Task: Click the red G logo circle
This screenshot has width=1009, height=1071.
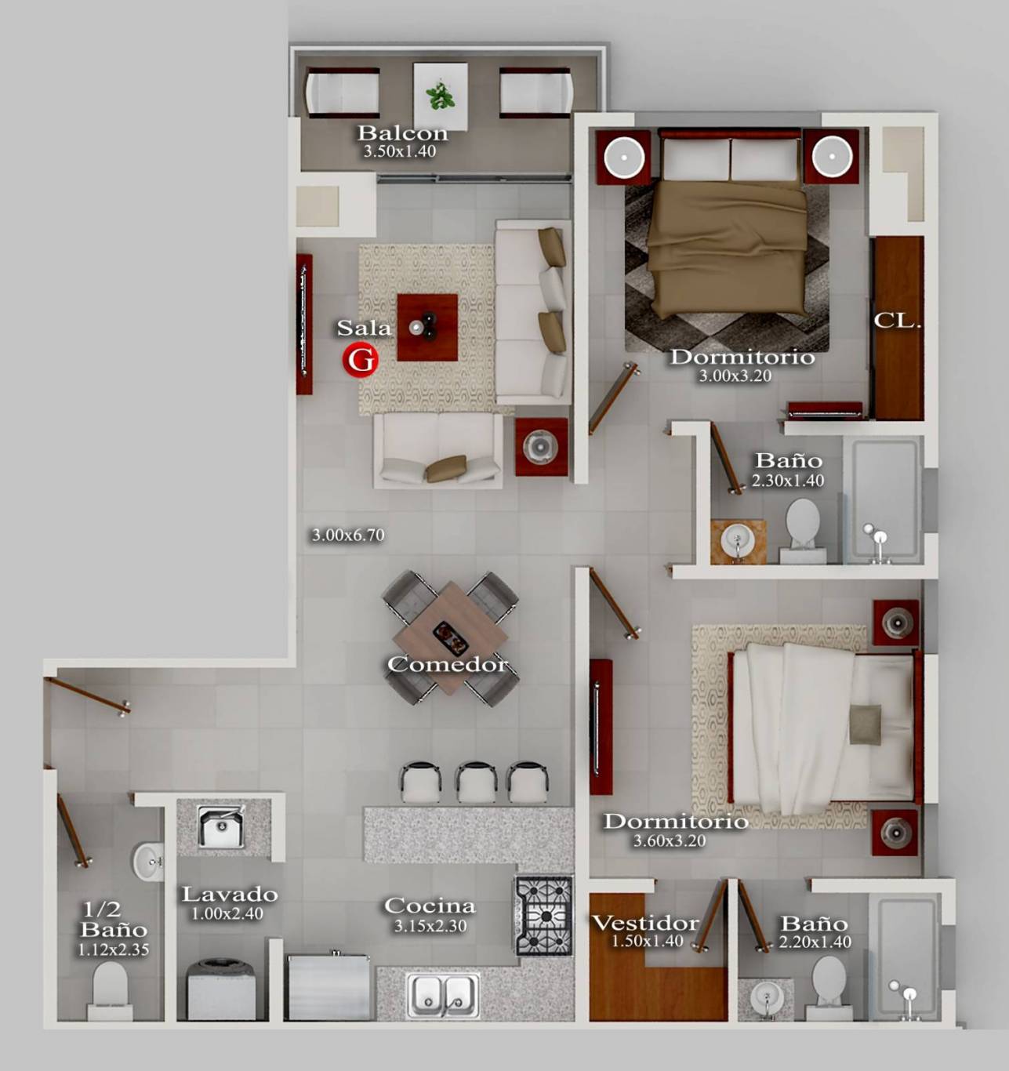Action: coord(360,360)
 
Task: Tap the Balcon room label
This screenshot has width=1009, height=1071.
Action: coord(402,133)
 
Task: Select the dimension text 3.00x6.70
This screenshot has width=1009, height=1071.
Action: coord(348,535)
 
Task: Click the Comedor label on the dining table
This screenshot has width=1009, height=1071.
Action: coord(447,664)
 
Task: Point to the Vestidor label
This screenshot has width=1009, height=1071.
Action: coord(645,923)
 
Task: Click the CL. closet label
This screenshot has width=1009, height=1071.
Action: coord(896,321)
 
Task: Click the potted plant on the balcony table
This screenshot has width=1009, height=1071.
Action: coord(440,96)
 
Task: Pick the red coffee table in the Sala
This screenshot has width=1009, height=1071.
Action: coord(427,328)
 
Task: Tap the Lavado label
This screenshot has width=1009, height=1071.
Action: coord(230,894)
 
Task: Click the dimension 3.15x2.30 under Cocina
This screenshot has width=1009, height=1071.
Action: coord(430,925)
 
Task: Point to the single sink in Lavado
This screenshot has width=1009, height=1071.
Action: coord(221,826)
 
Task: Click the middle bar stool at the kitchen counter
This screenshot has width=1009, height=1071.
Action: coord(476,782)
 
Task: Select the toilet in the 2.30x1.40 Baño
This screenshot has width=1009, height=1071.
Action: coord(803,530)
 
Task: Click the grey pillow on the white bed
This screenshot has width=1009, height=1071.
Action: coord(865,724)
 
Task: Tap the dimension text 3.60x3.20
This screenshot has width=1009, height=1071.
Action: coord(670,840)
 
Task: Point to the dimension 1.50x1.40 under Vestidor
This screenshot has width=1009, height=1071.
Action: coord(647,941)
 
